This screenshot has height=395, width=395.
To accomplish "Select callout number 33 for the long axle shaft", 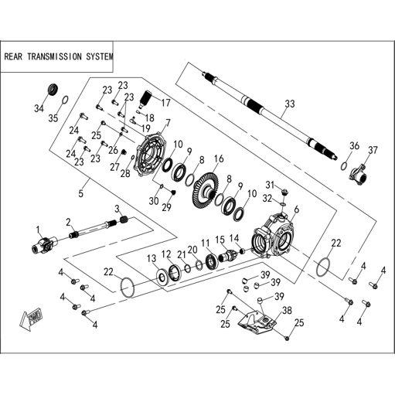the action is (290, 104).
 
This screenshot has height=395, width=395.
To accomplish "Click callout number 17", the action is (165, 103).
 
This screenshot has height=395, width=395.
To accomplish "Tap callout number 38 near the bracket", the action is (287, 311).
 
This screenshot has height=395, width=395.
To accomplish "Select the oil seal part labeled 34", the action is (53, 89).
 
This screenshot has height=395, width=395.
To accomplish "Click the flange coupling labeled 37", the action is (359, 175).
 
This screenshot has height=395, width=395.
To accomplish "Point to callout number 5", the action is (81, 193).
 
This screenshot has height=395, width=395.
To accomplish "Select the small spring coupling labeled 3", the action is (124, 220).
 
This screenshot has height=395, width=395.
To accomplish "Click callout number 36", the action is (354, 146).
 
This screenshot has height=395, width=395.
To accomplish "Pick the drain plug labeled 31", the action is (285, 192).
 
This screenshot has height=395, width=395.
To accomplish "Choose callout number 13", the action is (152, 258).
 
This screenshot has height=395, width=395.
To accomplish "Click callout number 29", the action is (167, 207).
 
